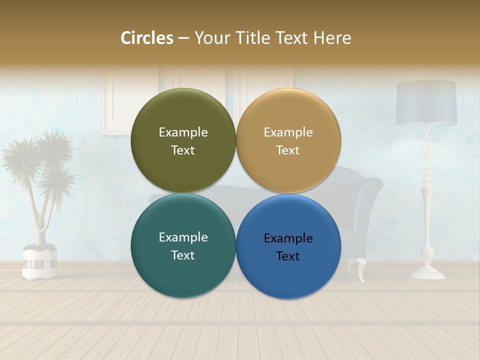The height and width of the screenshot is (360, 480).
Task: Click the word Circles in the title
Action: [x=147, y=38]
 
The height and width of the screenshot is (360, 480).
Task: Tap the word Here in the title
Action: [x=332, y=38]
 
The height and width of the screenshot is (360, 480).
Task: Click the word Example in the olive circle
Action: [x=183, y=132]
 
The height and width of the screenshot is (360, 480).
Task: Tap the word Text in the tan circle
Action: [x=288, y=150]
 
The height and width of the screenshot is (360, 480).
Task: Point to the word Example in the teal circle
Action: [x=183, y=237]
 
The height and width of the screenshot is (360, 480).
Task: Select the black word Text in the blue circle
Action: [x=288, y=256]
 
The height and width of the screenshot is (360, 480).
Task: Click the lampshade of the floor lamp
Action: [x=426, y=103]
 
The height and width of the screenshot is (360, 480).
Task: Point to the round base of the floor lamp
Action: [x=427, y=273]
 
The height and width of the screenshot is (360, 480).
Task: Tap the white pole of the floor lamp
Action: [x=426, y=200]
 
